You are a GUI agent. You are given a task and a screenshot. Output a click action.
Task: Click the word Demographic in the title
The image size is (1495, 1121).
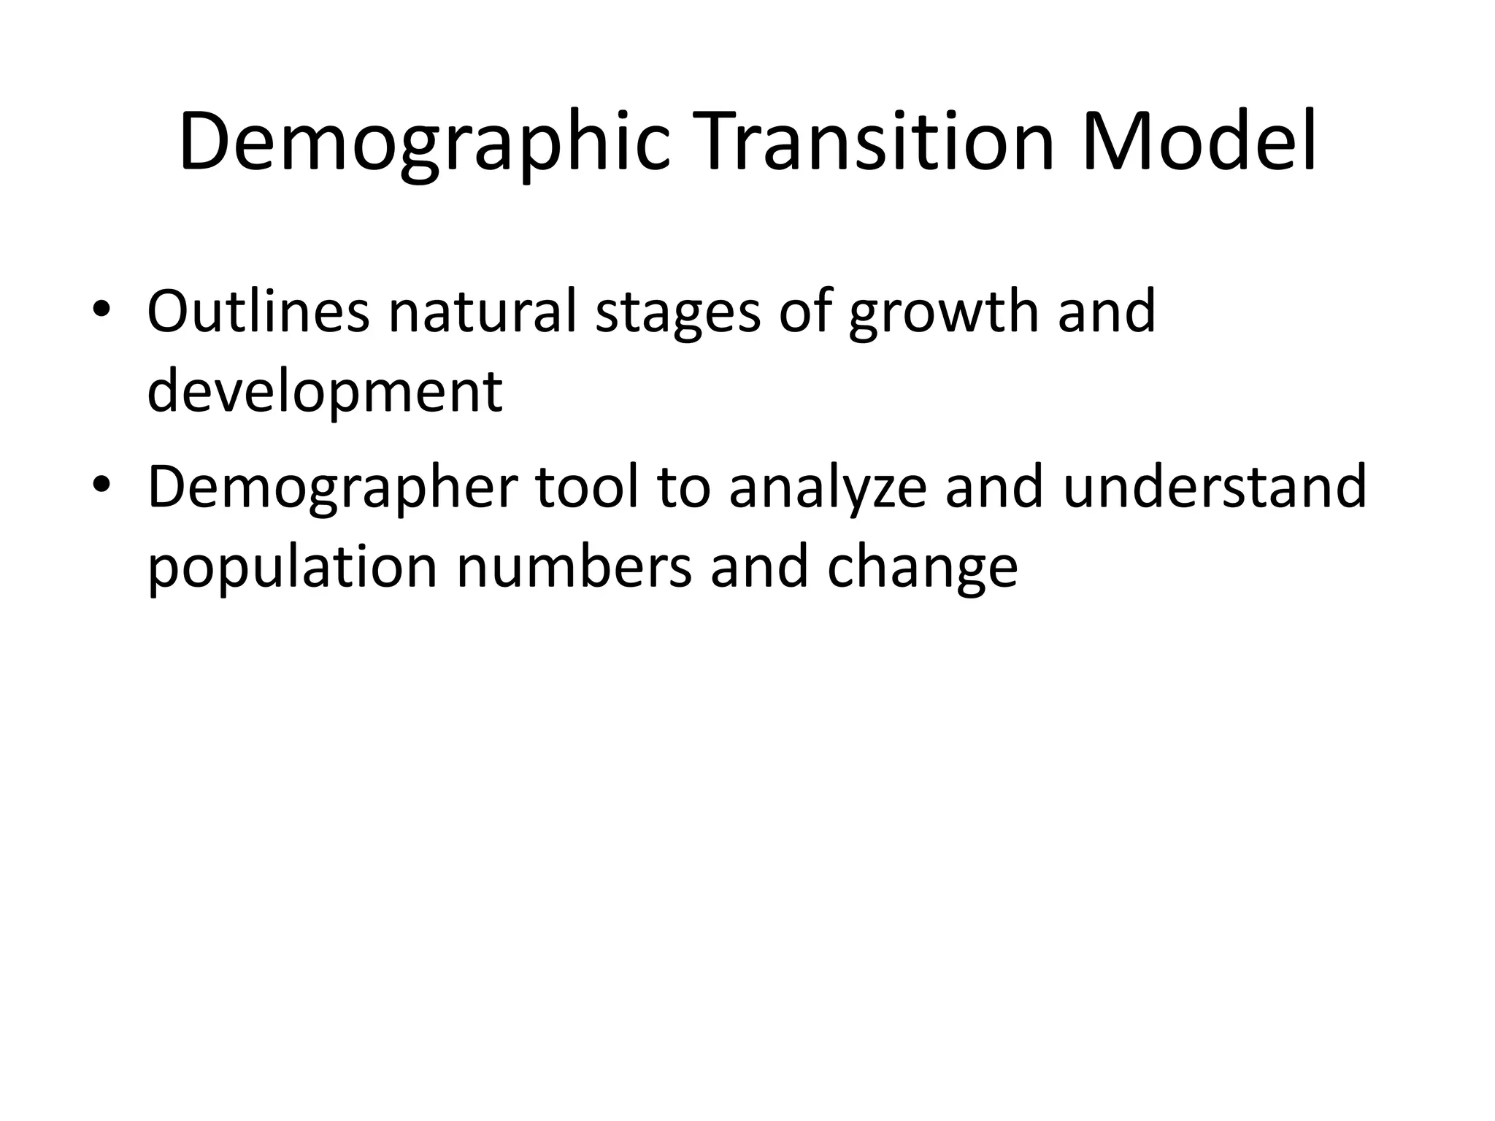coord(423,143)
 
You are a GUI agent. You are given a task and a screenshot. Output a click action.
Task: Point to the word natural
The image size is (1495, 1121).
coord(482,312)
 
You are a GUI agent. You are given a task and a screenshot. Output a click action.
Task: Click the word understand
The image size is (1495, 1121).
coord(1214,488)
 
